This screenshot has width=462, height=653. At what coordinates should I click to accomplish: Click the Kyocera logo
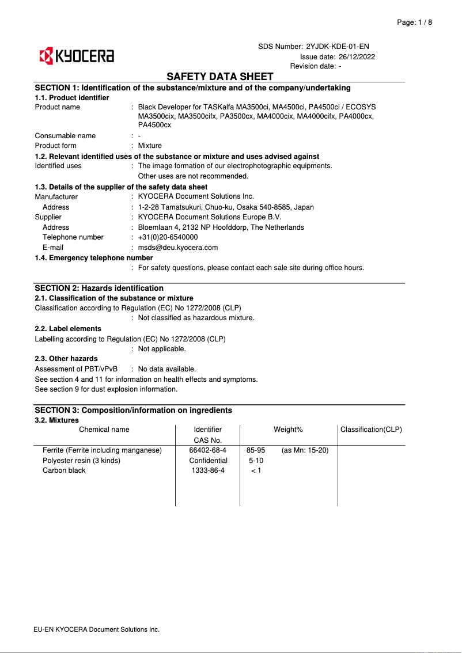76,56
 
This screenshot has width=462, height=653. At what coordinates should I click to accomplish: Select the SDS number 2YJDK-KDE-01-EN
338,46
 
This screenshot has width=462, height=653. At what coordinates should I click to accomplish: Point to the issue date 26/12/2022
357,56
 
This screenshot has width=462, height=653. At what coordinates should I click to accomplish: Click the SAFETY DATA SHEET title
220,77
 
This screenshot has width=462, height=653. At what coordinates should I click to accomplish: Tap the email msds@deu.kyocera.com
178,248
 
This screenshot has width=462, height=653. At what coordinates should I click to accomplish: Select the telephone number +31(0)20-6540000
168,237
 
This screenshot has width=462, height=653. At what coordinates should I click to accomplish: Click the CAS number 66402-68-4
208,450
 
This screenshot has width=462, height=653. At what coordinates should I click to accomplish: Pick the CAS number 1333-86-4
208,470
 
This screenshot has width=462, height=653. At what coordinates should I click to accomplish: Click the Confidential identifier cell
208,460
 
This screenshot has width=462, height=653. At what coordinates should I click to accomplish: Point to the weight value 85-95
256,450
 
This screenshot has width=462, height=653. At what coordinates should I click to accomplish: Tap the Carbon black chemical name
64,470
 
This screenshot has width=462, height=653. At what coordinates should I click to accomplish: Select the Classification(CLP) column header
371,430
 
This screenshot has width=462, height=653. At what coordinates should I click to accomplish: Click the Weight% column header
288,430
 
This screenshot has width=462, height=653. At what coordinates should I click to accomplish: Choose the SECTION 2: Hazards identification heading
99,288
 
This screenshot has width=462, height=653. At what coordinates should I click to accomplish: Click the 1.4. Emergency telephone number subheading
94,258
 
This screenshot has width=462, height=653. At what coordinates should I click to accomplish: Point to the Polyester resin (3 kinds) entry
81,460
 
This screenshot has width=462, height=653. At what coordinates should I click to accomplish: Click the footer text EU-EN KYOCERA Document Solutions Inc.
97,629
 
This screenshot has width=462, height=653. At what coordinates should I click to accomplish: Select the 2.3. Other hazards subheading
66,359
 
